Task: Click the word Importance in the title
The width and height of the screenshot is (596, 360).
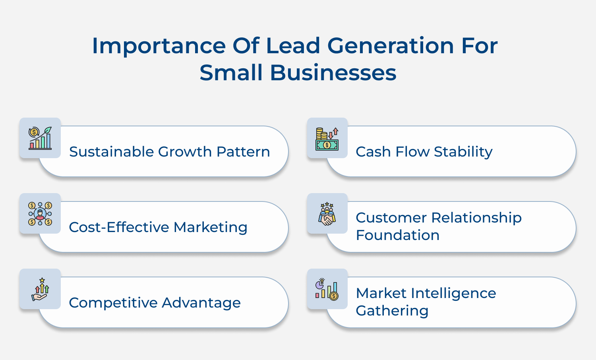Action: pyautogui.click(x=159, y=46)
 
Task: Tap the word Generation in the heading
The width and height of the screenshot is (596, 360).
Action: pyautogui.click(x=390, y=46)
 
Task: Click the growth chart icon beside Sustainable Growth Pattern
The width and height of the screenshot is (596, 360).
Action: pyautogui.click(x=40, y=138)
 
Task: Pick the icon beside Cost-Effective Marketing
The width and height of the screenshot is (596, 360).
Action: pyautogui.click(x=40, y=213)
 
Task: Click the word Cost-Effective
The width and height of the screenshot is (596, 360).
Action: pyautogui.click(x=119, y=227)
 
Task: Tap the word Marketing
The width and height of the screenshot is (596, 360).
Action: pyautogui.click(x=210, y=227)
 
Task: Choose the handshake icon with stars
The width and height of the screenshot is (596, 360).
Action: pyautogui.click(x=327, y=214)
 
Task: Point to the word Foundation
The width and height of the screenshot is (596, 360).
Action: pyautogui.click(x=397, y=235)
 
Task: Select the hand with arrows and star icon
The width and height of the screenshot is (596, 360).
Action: pyautogui.click(x=40, y=289)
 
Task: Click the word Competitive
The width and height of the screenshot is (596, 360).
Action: pyautogui.click(x=113, y=303)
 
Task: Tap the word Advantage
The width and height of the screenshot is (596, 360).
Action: pyautogui.click(x=201, y=303)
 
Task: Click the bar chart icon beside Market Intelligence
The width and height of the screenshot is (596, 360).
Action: pyautogui.click(x=327, y=289)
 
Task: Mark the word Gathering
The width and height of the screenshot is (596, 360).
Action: pyautogui.click(x=392, y=311)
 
